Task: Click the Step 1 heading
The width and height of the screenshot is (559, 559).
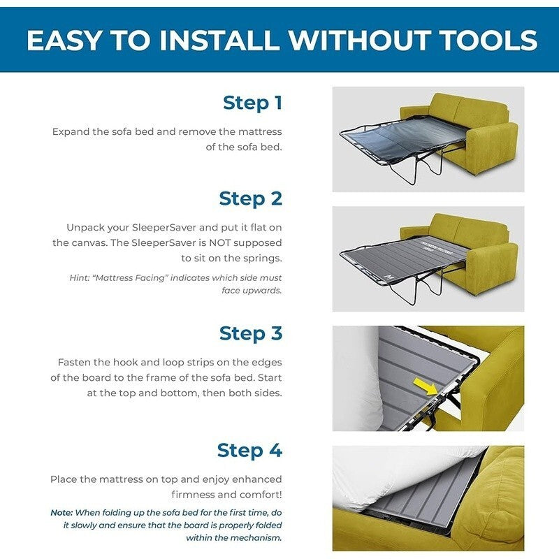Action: (x=252, y=103)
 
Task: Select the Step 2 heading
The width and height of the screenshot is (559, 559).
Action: (x=251, y=198)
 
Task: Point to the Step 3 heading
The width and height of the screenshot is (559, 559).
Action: (x=251, y=333)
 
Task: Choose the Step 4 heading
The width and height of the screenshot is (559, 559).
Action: (x=249, y=450)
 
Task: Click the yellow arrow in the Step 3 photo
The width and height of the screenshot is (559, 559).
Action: (x=426, y=387)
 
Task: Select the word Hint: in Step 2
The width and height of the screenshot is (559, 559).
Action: (x=79, y=277)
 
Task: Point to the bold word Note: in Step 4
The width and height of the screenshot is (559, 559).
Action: (x=61, y=513)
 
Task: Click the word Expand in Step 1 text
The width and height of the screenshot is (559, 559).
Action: (x=71, y=132)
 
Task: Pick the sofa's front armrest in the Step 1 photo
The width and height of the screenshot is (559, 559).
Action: (x=493, y=146)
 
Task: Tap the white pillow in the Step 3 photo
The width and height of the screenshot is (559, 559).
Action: (x=356, y=378)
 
